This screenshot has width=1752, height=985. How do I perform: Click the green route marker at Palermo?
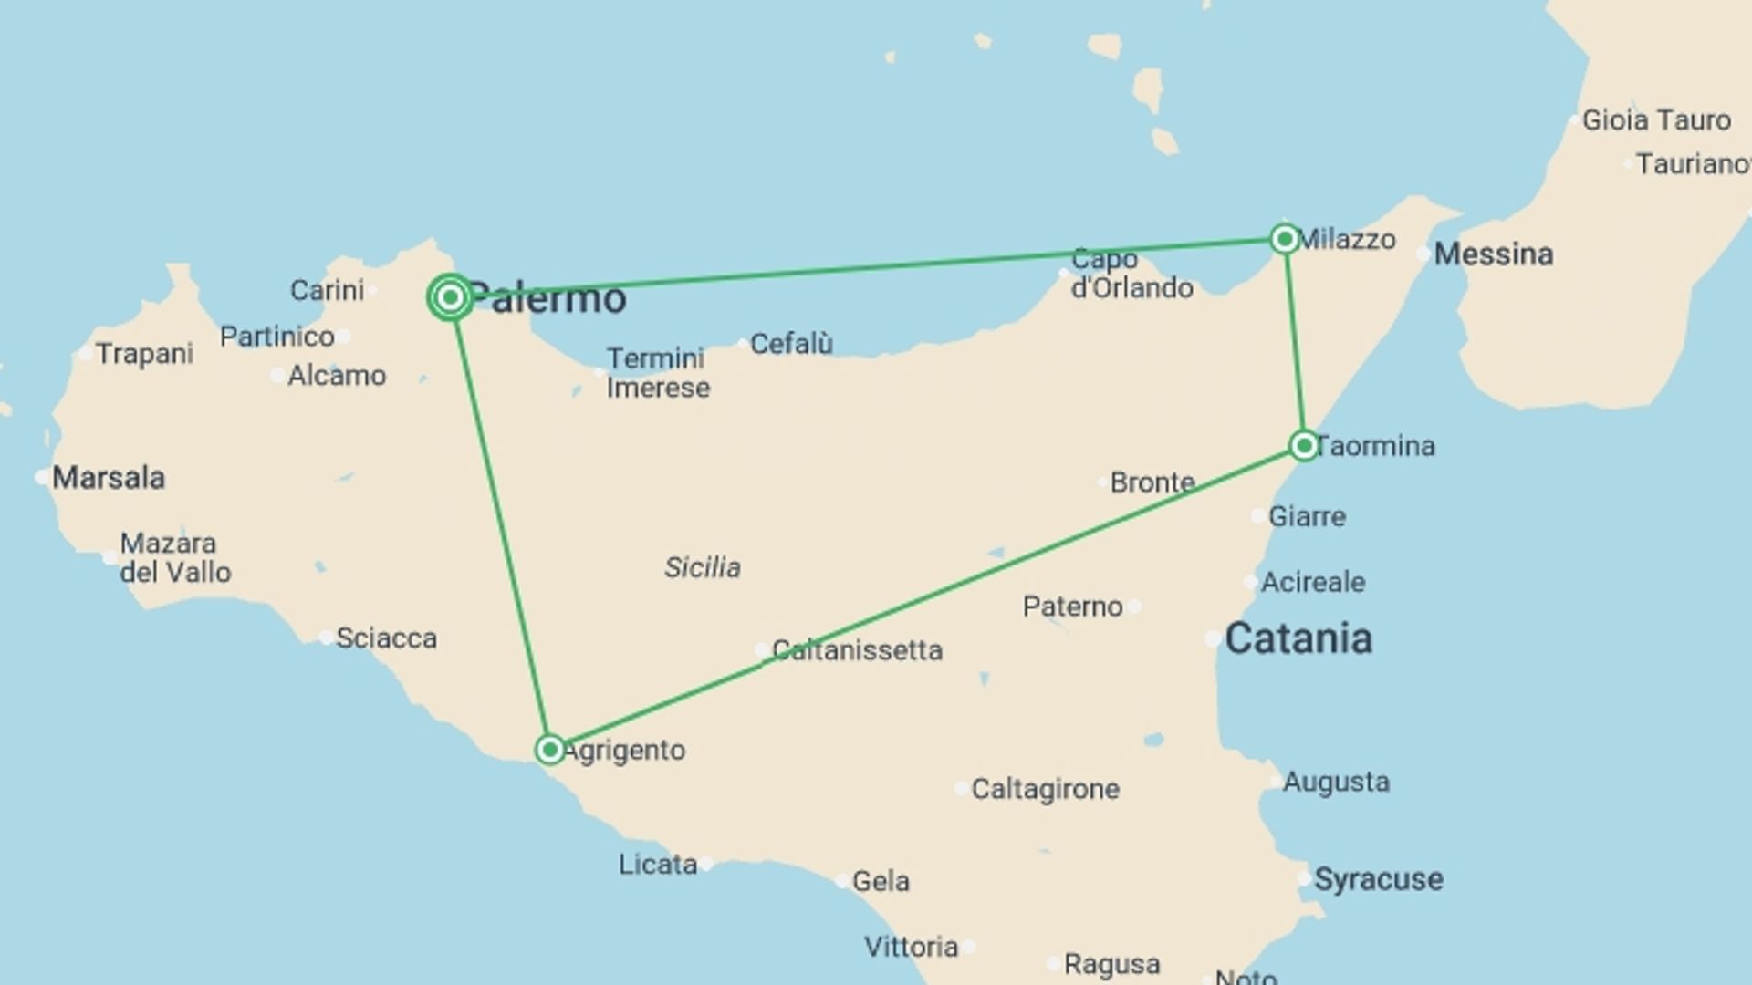(450, 297)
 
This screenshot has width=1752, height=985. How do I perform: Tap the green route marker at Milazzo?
(1285, 239)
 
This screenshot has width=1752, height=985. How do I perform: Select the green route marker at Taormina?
(1304, 445)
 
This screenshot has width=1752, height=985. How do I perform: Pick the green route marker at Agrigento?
(549, 750)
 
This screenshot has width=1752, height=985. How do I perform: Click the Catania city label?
(1298, 638)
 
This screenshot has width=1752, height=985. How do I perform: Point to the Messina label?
(1493, 254)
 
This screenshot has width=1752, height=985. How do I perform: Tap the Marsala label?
(109, 477)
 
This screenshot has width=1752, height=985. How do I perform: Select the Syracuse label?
(1378, 879)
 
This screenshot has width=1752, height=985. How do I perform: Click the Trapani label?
(144, 354)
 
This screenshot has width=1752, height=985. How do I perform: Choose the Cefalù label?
(791, 344)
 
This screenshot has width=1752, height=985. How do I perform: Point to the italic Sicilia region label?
(702, 567)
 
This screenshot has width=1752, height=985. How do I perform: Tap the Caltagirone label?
(1045, 789)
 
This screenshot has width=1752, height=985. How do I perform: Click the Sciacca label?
(386, 638)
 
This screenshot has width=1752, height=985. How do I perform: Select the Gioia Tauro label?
(1655, 120)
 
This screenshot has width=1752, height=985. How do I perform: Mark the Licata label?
(657, 864)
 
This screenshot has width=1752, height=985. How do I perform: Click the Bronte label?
(1152, 482)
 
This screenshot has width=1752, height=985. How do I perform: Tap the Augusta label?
(1336, 782)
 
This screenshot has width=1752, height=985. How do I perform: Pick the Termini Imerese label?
(658, 373)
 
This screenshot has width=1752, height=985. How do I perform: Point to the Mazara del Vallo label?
(175, 557)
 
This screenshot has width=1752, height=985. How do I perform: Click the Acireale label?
(1312, 582)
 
